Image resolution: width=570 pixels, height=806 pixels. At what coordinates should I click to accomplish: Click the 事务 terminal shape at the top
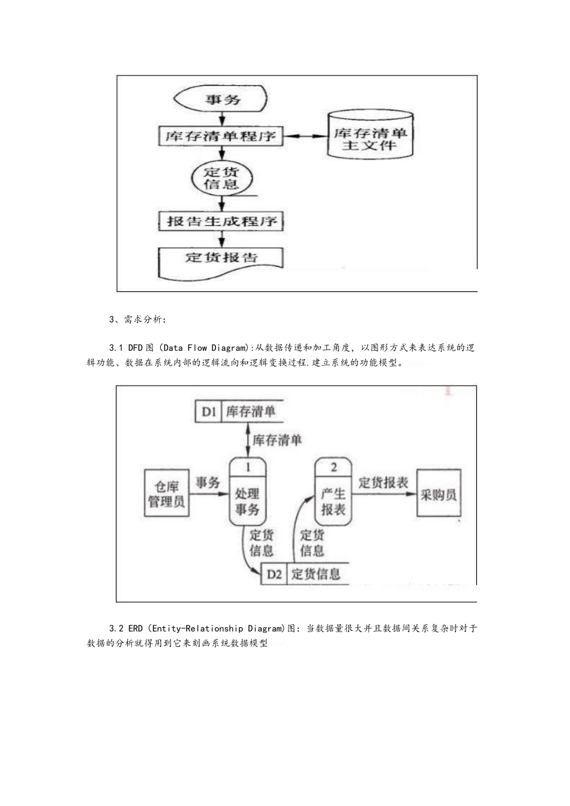[x=221, y=99]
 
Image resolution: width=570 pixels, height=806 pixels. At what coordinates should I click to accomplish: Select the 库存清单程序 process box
[x=221, y=136]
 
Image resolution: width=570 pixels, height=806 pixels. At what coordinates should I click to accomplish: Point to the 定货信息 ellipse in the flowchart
[x=221, y=178]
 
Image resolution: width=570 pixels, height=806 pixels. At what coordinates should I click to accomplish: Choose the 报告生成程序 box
[x=221, y=221]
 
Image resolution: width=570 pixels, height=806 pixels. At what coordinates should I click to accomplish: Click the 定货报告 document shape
[x=221, y=258]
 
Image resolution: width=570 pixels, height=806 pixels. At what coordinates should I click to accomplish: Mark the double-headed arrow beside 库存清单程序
[x=305, y=137]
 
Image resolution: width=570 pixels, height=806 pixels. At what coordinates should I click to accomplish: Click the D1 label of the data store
[x=209, y=411]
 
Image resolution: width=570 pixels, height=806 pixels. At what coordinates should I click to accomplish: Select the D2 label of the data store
[x=274, y=574]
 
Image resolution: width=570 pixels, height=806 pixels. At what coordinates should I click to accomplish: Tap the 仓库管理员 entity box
[x=166, y=494]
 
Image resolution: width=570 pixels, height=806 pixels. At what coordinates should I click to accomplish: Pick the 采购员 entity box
[x=439, y=495]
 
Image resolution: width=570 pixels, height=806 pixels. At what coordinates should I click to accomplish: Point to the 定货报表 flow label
[x=383, y=482]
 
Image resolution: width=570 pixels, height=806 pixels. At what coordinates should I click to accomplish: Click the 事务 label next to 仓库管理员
[x=208, y=482]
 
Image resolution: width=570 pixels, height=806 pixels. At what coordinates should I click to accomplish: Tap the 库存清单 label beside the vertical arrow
[x=277, y=441]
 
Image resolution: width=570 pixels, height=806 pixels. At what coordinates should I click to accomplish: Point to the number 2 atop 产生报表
[x=334, y=467]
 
